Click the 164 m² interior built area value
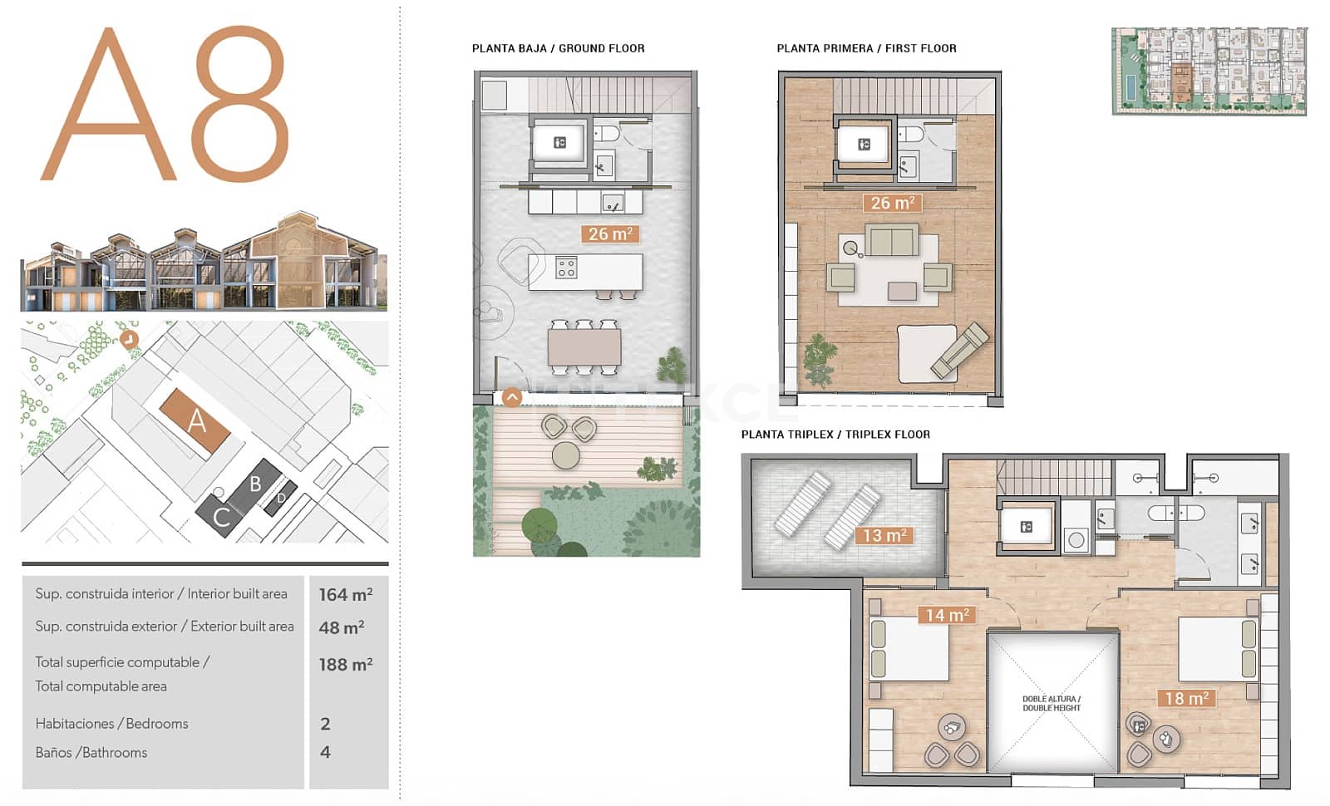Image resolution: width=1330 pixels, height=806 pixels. [x=345, y=595]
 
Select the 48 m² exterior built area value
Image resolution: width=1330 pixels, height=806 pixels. [x=341, y=628]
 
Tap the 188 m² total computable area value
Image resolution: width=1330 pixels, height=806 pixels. [x=345, y=665]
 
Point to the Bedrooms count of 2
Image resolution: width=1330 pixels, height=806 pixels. [x=325, y=724]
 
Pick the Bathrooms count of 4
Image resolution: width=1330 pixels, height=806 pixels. [x=325, y=752]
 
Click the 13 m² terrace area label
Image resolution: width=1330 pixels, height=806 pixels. [x=884, y=536]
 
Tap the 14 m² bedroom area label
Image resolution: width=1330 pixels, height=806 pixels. [x=947, y=615]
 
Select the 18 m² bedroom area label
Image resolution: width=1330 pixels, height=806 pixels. [x=1186, y=699]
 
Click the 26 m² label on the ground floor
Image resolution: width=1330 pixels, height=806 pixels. [x=610, y=234]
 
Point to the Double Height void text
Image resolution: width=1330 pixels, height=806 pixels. [x=1052, y=704]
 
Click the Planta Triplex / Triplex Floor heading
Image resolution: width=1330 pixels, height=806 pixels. [x=835, y=435]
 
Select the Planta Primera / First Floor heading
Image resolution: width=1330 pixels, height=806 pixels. [x=866, y=48]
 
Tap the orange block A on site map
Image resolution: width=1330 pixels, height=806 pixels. [x=195, y=420]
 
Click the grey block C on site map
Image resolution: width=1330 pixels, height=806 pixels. [x=220, y=517]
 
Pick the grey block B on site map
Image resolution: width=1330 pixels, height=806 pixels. [x=255, y=484]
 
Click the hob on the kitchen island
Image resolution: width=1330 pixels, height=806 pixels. [x=566, y=268]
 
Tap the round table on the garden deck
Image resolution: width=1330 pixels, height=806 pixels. [x=566, y=455]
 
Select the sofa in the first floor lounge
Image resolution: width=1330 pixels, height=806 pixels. [x=892, y=240]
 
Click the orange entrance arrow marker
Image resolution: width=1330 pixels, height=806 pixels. [x=512, y=397]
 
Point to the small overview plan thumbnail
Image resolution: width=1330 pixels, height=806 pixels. [x=1209, y=71]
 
